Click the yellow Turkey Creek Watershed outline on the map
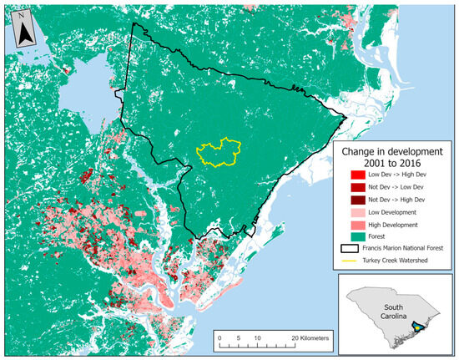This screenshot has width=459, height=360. (x=200, y=151)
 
